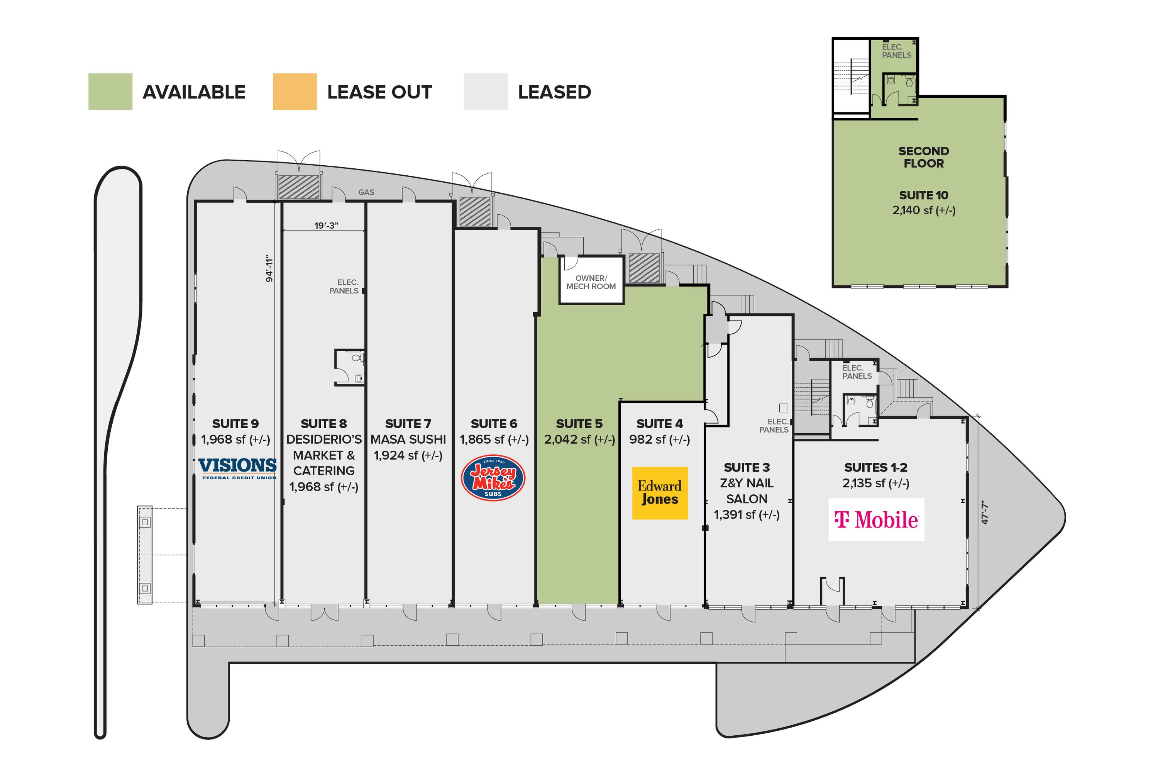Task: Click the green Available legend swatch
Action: click(x=110, y=92)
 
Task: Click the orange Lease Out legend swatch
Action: click(x=295, y=92)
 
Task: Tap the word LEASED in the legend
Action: click(x=554, y=92)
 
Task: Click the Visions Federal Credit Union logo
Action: click(x=238, y=468)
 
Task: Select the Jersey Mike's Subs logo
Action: click(x=493, y=478)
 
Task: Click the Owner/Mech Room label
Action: click(x=591, y=282)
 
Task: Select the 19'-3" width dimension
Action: click(x=326, y=226)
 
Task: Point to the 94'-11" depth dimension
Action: click(x=269, y=269)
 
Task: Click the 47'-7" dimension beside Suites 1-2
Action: click(x=985, y=513)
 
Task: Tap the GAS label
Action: click(x=366, y=192)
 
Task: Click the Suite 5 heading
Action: click(x=579, y=423)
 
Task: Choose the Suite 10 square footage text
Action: click(x=924, y=210)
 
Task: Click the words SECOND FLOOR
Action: click(x=924, y=157)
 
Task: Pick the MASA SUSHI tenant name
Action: click(x=408, y=439)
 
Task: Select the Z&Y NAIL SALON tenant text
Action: click(x=747, y=491)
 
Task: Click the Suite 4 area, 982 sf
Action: click(x=659, y=439)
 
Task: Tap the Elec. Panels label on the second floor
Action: click(x=896, y=51)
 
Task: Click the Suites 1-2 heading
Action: click(x=875, y=467)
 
